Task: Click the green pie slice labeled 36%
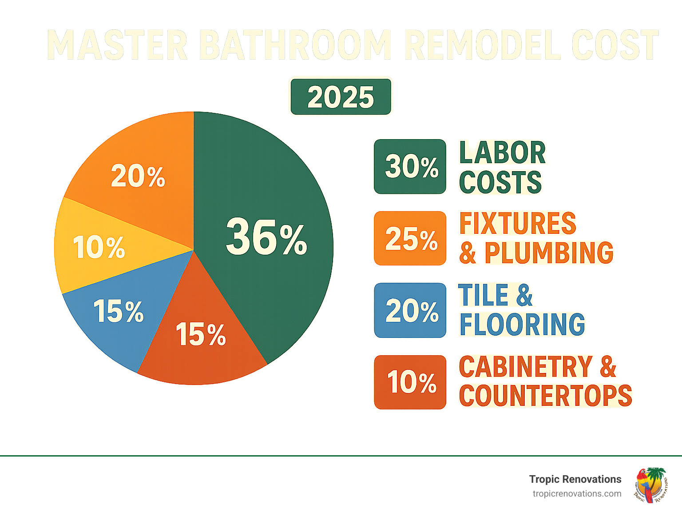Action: click(266, 236)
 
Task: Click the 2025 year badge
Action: click(341, 97)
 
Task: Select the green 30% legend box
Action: click(410, 167)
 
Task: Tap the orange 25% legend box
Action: click(410, 238)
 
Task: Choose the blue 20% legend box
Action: click(410, 310)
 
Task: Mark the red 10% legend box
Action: click(410, 382)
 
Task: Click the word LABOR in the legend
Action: click(502, 153)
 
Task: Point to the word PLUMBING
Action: click(549, 253)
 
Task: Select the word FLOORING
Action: click(522, 324)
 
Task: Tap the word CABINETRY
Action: click(526, 367)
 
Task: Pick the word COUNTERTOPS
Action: click(545, 396)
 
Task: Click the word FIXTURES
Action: click(517, 223)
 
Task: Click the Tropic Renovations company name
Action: click(575, 479)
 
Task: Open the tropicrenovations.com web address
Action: click(577, 493)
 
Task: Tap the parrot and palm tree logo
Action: click(651, 485)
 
